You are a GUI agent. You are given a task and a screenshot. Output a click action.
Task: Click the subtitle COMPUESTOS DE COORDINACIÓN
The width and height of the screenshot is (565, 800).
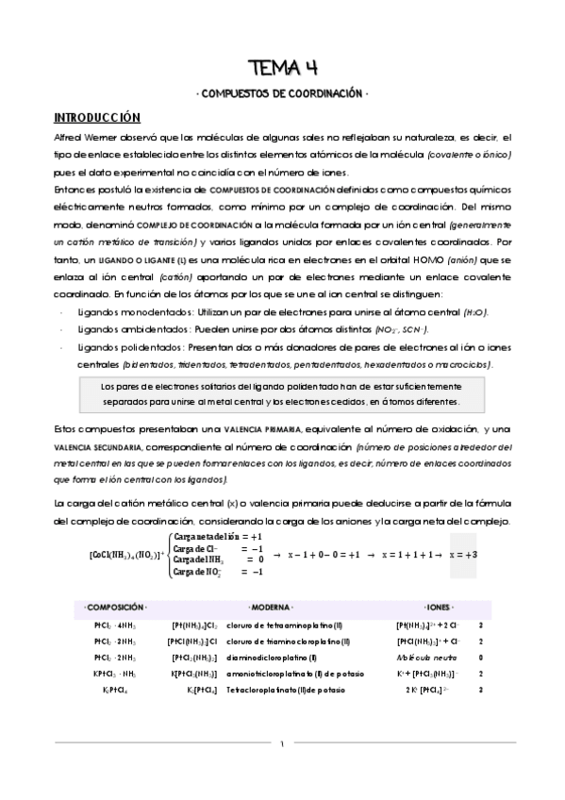[282, 94]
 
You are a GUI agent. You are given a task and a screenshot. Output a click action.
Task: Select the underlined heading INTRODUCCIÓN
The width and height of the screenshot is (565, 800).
[96, 118]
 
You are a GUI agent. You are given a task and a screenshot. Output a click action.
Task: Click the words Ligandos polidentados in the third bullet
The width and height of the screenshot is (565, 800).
[125, 347]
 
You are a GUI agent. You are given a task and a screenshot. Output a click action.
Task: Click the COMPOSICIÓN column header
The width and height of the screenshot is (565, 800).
[115, 607]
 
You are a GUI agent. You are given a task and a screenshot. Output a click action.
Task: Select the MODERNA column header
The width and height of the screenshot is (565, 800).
[270, 607]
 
